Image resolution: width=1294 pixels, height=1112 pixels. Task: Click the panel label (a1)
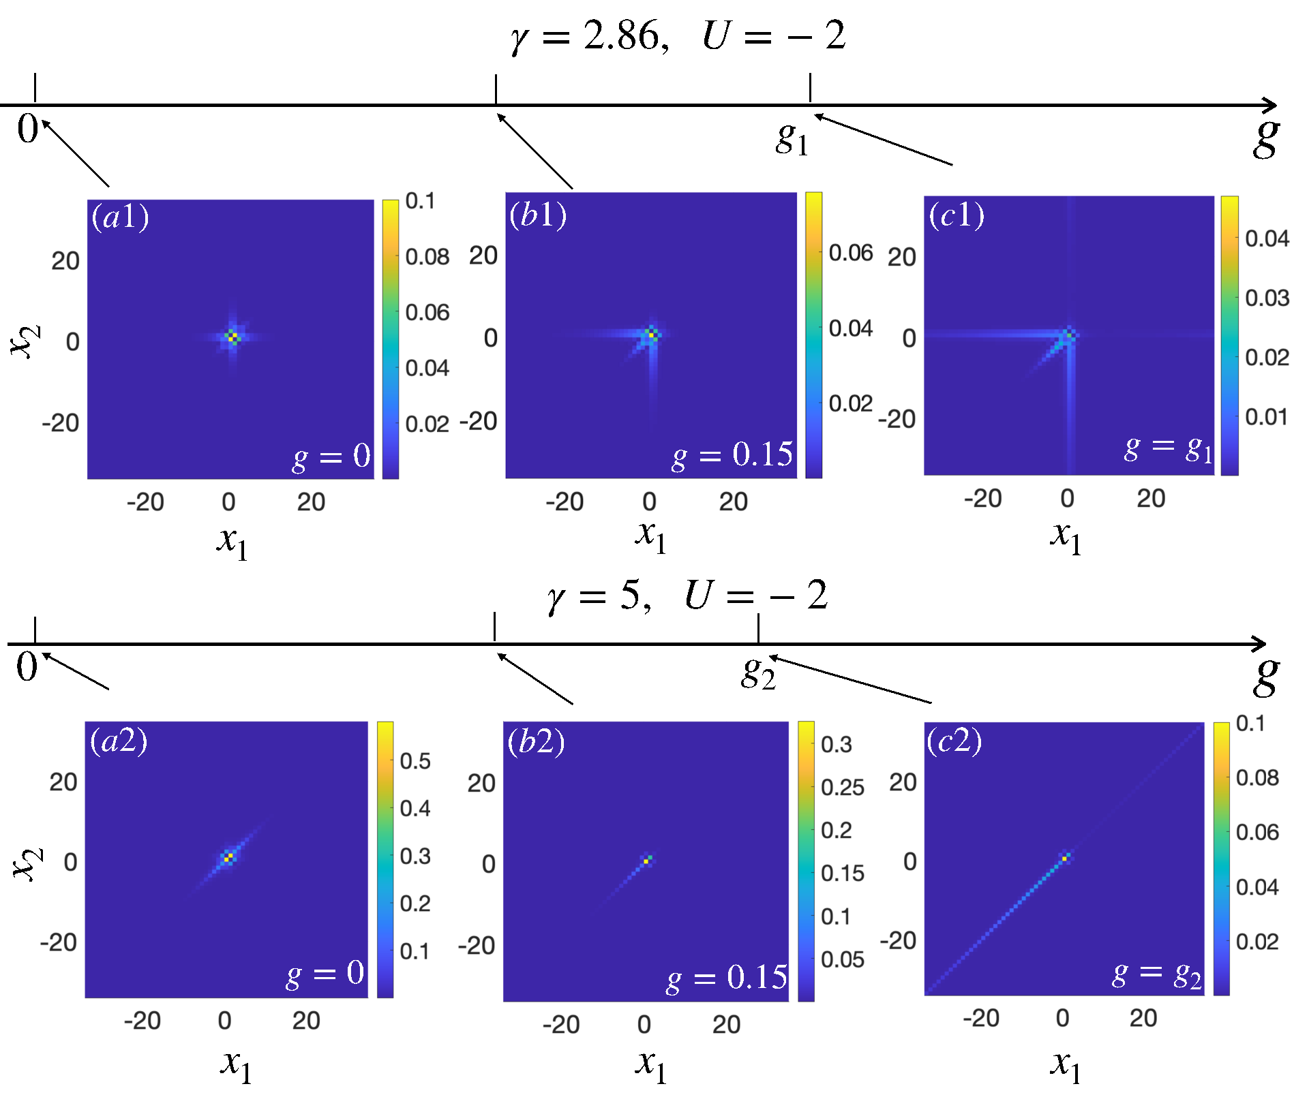[121, 217]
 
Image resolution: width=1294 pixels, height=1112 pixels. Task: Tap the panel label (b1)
[538, 215]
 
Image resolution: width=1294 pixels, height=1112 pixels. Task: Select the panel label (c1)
[957, 215]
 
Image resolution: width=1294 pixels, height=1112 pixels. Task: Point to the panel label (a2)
[119, 741]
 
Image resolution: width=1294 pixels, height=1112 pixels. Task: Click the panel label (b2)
[536, 741]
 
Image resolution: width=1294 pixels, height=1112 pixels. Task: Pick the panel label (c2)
[954, 741]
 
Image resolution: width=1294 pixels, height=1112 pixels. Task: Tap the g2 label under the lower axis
[758, 673]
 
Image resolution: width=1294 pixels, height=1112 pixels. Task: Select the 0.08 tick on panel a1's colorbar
[427, 257]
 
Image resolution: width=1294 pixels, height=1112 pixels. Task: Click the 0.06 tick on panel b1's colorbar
[850, 253]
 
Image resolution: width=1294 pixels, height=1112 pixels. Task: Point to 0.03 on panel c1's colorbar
[1267, 298]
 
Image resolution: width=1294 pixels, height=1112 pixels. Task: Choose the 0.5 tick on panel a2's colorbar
[415, 760]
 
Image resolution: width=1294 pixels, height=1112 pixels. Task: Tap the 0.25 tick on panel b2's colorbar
[842, 788]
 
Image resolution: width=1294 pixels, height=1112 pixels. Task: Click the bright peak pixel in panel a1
[232, 336]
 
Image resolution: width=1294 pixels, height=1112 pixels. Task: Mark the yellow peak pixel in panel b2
[646, 862]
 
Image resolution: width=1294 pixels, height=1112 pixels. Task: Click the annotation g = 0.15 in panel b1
[732, 455]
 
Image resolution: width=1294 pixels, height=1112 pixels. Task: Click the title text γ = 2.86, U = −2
[678, 35]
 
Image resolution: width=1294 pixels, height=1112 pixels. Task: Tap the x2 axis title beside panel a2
[27, 863]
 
